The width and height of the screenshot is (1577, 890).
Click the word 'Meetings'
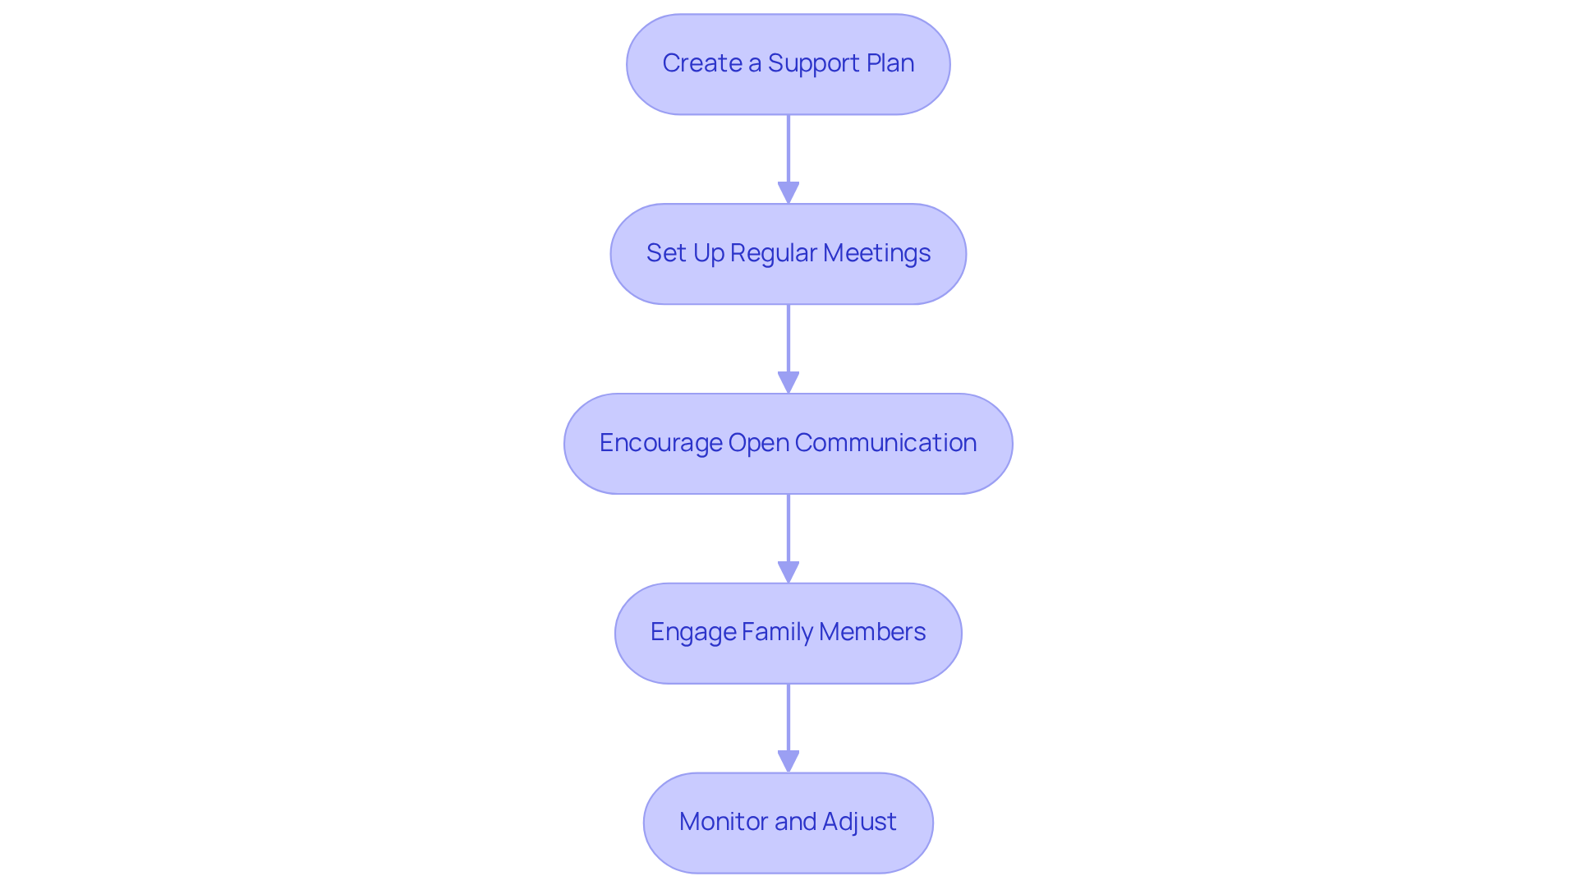click(876, 253)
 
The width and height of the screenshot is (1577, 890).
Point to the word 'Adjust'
click(859, 822)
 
